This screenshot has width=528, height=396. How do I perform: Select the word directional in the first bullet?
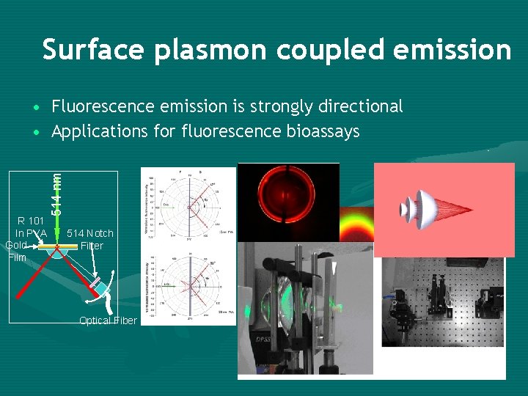click(361, 107)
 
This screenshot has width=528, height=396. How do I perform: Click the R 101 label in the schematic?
click(32, 221)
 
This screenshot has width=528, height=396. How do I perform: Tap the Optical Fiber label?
click(108, 320)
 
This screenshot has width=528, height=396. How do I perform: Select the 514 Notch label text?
click(90, 233)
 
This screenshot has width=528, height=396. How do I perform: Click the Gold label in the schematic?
click(16, 245)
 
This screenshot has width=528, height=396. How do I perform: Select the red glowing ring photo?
click(288, 202)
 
